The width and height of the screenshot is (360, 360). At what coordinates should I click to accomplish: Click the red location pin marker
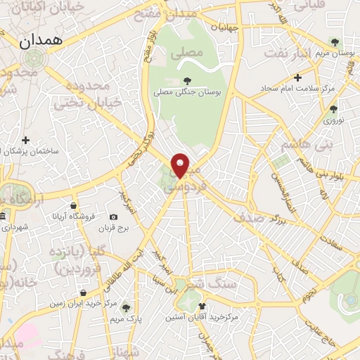point(181,166)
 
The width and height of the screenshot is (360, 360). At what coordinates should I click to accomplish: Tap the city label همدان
point(41,41)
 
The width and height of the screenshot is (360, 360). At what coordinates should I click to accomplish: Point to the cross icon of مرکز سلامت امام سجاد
point(297,77)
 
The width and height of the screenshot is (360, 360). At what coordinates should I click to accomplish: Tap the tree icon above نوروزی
point(333,109)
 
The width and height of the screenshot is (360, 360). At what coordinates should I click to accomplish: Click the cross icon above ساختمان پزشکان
point(26,141)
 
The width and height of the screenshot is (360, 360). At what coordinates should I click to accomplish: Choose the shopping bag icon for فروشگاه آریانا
point(72,206)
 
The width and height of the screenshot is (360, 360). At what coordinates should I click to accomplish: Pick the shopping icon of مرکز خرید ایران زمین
point(84,292)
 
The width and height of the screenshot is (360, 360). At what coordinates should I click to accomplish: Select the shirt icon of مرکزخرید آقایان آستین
point(202,307)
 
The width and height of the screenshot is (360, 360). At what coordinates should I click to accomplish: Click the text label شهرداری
point(15,227)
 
